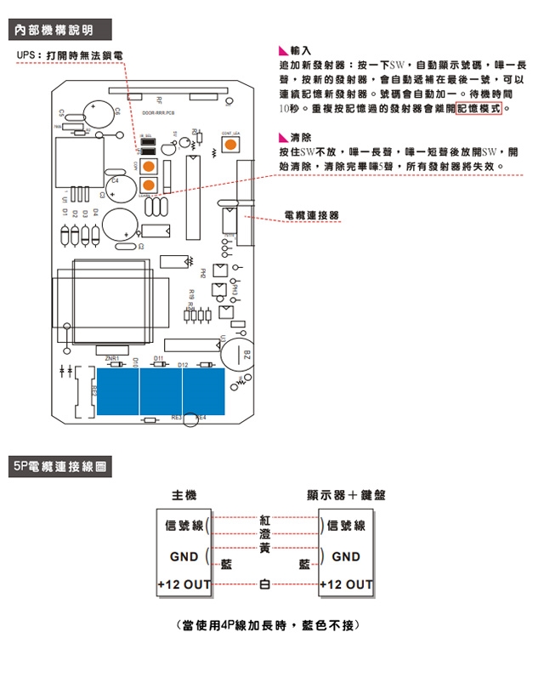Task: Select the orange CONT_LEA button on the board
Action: click(x=230, y=145)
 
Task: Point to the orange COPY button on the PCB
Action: click(x=149, y=166)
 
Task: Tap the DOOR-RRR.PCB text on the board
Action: click(x=158, y=112)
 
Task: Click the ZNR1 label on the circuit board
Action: click(x=112, y=359)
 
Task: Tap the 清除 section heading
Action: click(x=300, y=137)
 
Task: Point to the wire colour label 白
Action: click(x=264, y=585)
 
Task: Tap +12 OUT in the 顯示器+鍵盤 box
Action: click(x=346, y=585)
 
